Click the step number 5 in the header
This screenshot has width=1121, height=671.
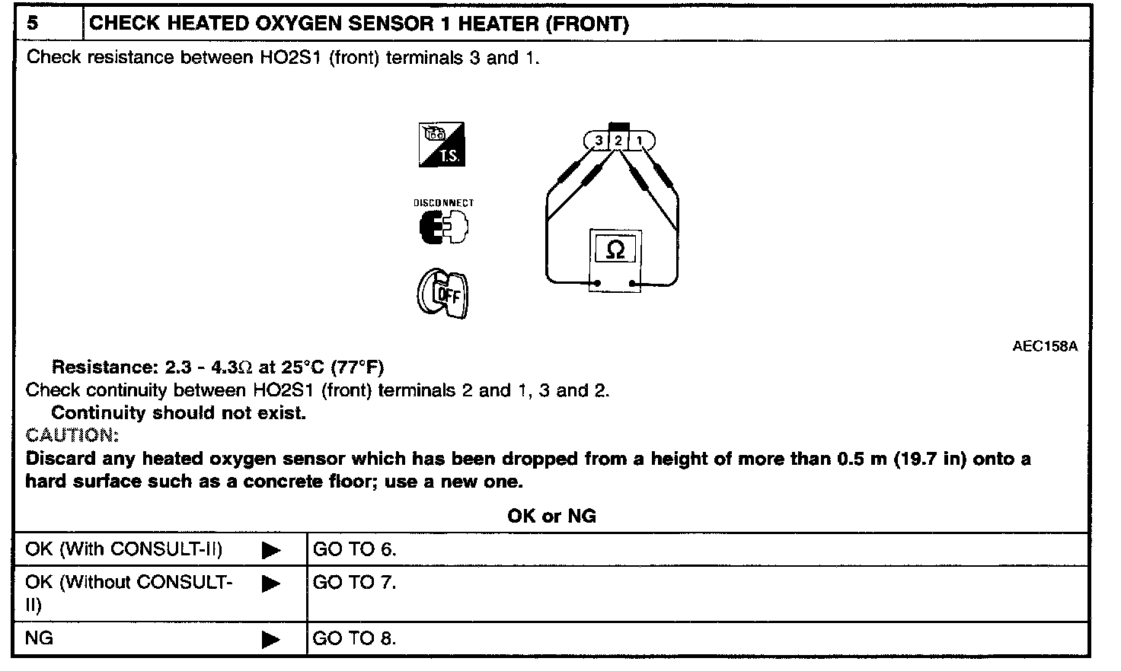33,23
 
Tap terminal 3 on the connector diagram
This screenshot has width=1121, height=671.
599,141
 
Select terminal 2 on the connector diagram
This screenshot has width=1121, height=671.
618,141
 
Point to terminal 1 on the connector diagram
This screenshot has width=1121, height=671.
640,141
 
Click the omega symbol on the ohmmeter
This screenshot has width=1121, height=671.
616,250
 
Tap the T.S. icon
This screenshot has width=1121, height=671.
442,145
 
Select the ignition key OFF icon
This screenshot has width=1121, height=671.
443,294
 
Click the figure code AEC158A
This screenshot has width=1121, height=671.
1045,346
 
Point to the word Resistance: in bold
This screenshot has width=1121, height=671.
104,367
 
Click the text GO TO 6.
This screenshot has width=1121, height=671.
354,549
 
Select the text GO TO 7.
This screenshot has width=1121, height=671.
354,583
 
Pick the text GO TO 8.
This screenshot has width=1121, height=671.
354,638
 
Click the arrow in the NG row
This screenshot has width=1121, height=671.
270,639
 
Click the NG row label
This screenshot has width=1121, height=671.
40,638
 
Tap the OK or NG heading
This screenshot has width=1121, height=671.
551,517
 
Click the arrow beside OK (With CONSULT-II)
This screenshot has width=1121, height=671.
270,550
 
